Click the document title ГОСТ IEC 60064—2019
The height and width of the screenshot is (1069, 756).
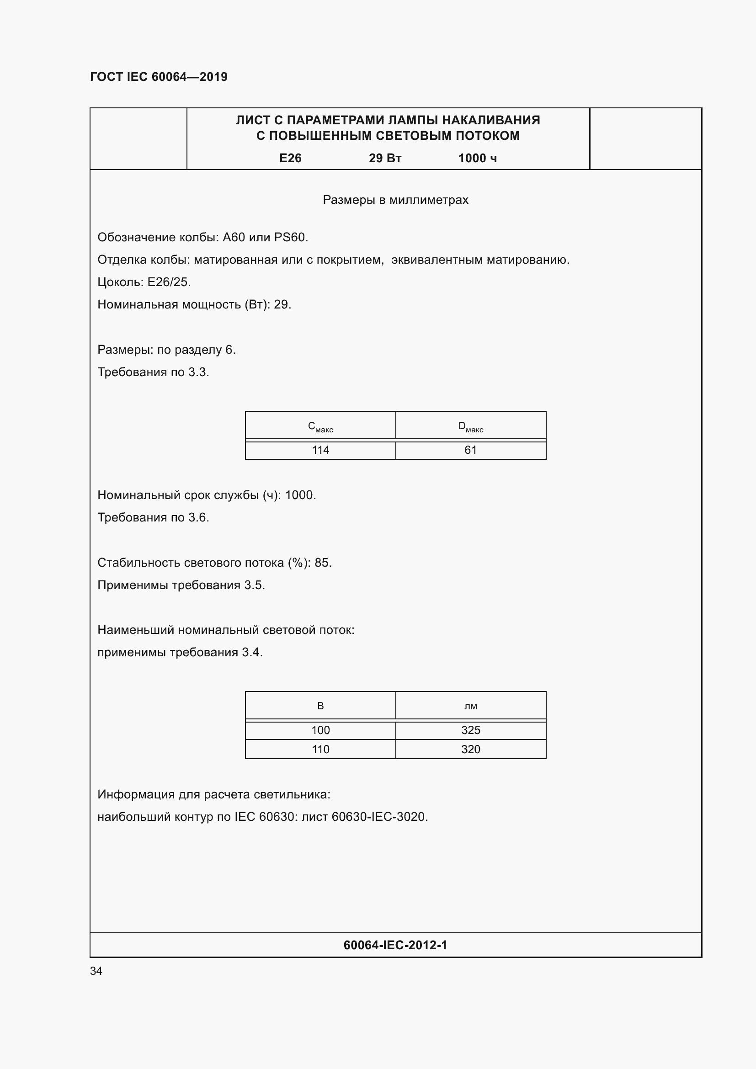tap(159, 77)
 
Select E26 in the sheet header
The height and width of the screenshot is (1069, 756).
tap(290, 158)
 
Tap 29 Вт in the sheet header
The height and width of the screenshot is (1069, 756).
tap(385, 158)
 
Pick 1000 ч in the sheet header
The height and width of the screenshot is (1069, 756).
tap(477, 158)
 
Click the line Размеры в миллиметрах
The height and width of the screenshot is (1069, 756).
tap(395, 200)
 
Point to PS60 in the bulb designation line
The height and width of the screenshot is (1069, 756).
tap(289, 238)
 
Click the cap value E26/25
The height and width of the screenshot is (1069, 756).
tap(169, 282)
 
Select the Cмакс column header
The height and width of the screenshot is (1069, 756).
tap(320, 426)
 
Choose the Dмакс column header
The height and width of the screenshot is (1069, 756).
tap(471, 426)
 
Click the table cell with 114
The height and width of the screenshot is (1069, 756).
tap(320, 450)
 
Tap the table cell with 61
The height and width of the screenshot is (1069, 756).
tap(471, 450)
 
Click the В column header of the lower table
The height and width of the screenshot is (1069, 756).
tap(320, 706)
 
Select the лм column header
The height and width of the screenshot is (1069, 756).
tap(471, 706)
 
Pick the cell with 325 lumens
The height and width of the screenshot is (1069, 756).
tap(471, 730)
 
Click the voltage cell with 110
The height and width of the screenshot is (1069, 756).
tap(320, 749)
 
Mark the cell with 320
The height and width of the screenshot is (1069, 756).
tap(471, 749)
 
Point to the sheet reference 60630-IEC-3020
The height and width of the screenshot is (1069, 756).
tap(378, 817)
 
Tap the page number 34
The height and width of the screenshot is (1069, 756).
tap(96, 971)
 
